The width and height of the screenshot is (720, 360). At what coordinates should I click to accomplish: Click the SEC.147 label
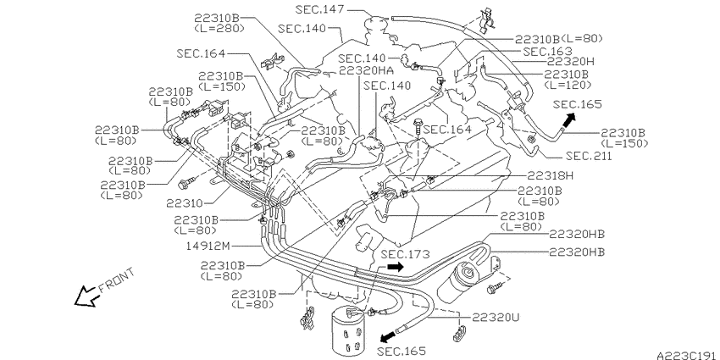319,9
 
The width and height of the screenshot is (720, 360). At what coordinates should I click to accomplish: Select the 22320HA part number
366,70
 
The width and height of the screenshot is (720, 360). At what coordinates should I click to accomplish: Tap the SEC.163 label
547,52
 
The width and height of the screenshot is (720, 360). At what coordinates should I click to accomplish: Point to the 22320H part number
570,61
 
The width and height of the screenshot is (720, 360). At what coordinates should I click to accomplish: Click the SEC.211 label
589,156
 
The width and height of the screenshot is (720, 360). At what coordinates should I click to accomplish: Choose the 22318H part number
550,175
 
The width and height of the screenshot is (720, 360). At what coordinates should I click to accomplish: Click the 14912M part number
208,246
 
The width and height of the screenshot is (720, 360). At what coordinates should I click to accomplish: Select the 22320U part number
496,318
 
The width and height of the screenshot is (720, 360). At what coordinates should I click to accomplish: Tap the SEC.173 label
405,254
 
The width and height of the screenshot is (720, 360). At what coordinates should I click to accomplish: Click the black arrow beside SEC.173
395,267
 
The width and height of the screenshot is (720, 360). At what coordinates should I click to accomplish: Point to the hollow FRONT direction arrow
87,296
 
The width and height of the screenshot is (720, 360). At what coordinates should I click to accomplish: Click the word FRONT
117,280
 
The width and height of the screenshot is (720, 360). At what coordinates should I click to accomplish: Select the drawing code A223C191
686,356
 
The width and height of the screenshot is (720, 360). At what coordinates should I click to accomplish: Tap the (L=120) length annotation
567,85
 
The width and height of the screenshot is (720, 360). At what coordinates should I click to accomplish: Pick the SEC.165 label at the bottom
402,352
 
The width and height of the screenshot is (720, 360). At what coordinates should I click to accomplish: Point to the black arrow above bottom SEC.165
388,336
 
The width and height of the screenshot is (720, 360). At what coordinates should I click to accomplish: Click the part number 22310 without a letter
184,202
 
